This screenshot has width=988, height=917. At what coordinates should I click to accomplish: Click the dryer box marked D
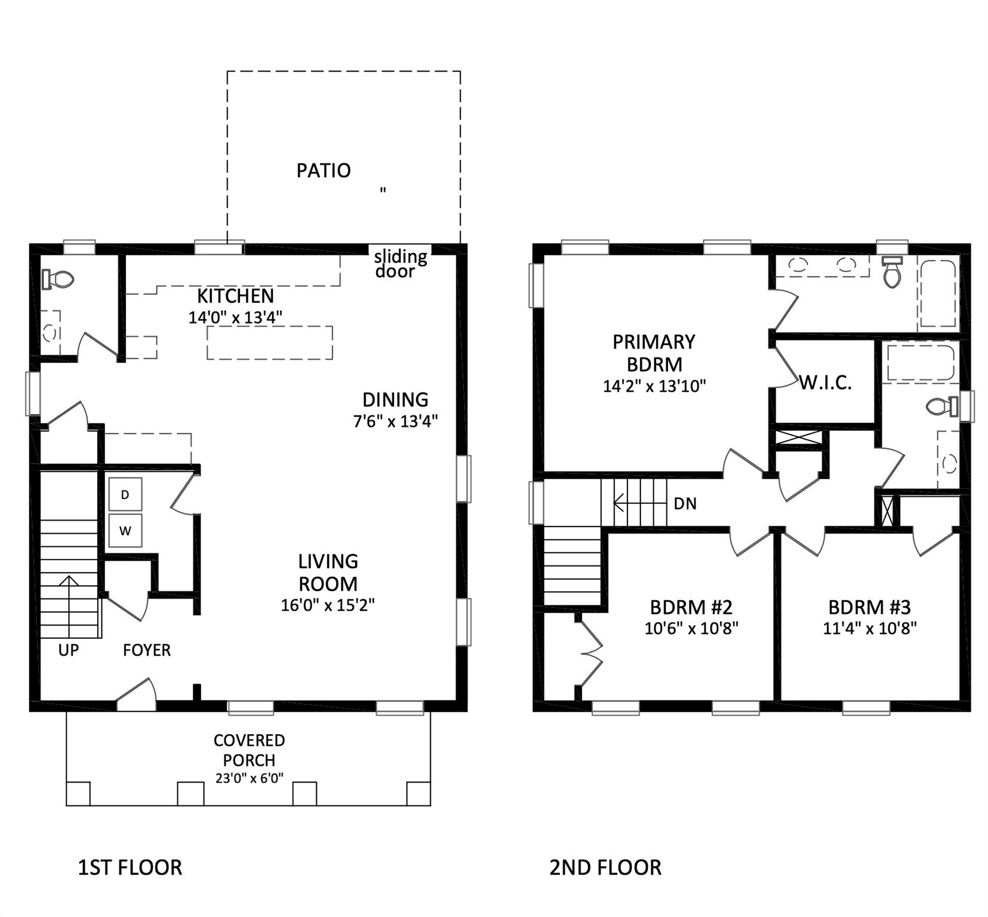click(125, 494)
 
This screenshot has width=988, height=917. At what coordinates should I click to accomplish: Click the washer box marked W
click(125, 530)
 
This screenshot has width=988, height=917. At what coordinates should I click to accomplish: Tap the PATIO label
click(323, 171)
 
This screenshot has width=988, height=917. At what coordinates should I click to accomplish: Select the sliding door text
click(399, 264)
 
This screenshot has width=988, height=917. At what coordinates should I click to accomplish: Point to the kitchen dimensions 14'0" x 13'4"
click(235, 318)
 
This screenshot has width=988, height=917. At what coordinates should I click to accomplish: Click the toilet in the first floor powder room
click(58, 279)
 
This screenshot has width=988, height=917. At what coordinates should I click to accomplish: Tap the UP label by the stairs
click(68, 650)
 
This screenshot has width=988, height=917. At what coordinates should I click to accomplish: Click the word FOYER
click(146, 650)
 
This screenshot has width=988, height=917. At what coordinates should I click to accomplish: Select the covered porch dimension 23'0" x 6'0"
click(249, 778)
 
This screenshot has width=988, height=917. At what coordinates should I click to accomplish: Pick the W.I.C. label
click(825, 383)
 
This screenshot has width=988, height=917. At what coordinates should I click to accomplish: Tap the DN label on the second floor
click(685, 504)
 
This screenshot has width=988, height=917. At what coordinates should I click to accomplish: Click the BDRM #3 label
click(869, 608)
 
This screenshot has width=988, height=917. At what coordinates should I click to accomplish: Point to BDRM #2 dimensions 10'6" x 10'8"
click(691, 628)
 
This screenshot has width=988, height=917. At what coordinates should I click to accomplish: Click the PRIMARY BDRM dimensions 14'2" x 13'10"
click(654, 386)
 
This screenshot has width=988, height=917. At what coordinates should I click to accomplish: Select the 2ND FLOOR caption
click(605, 867)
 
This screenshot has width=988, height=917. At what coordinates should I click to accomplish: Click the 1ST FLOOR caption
click(130, 867)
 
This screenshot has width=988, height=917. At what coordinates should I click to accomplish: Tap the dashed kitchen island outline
click(269, 342)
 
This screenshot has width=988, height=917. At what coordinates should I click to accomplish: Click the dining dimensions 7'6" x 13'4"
click(395, 421)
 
